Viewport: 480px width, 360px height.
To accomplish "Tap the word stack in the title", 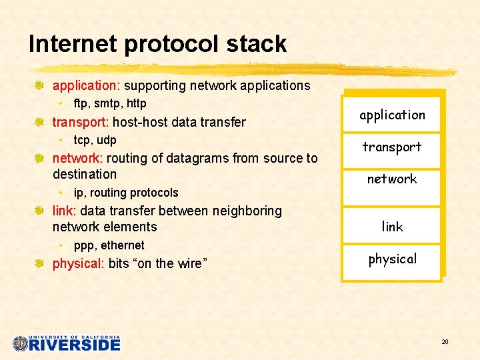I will [260, 44].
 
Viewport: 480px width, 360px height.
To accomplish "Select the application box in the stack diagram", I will [392, 115].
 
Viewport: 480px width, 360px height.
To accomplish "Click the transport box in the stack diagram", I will [392, 147].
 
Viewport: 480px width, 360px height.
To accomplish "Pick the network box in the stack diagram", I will [392, 179].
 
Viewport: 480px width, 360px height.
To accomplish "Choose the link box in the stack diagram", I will [392, 227].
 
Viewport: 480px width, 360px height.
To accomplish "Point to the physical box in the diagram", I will [392, 259].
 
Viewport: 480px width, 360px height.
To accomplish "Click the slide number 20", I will [445, 342].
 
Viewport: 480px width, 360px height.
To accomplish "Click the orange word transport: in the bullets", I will [81, 122].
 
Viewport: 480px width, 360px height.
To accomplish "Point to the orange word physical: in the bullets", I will [78, 263].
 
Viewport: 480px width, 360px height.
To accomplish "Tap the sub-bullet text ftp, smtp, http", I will [110, 103].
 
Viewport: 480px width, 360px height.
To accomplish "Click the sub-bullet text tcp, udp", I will [95, 140].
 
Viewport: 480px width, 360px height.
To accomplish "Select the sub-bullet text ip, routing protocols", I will [126, 193].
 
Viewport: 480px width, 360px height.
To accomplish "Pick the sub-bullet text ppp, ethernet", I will [109, 245].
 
